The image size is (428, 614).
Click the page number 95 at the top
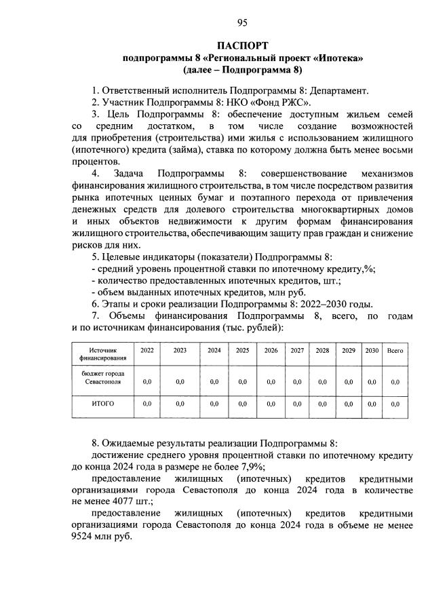[x=214, y=24]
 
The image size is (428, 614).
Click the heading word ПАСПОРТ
[x=214, y=45]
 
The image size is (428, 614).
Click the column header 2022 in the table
[x=147, y=351]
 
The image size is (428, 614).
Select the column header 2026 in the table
[x=271, y=351]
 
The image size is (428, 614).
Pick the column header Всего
[x=395, y=351]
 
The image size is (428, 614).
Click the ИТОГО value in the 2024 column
[x=214, y=404]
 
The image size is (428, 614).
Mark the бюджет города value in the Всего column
[x=395, y=382]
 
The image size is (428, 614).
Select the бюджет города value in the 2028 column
[x=322, y=382]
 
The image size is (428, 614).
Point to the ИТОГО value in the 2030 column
[x=372, y=404]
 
